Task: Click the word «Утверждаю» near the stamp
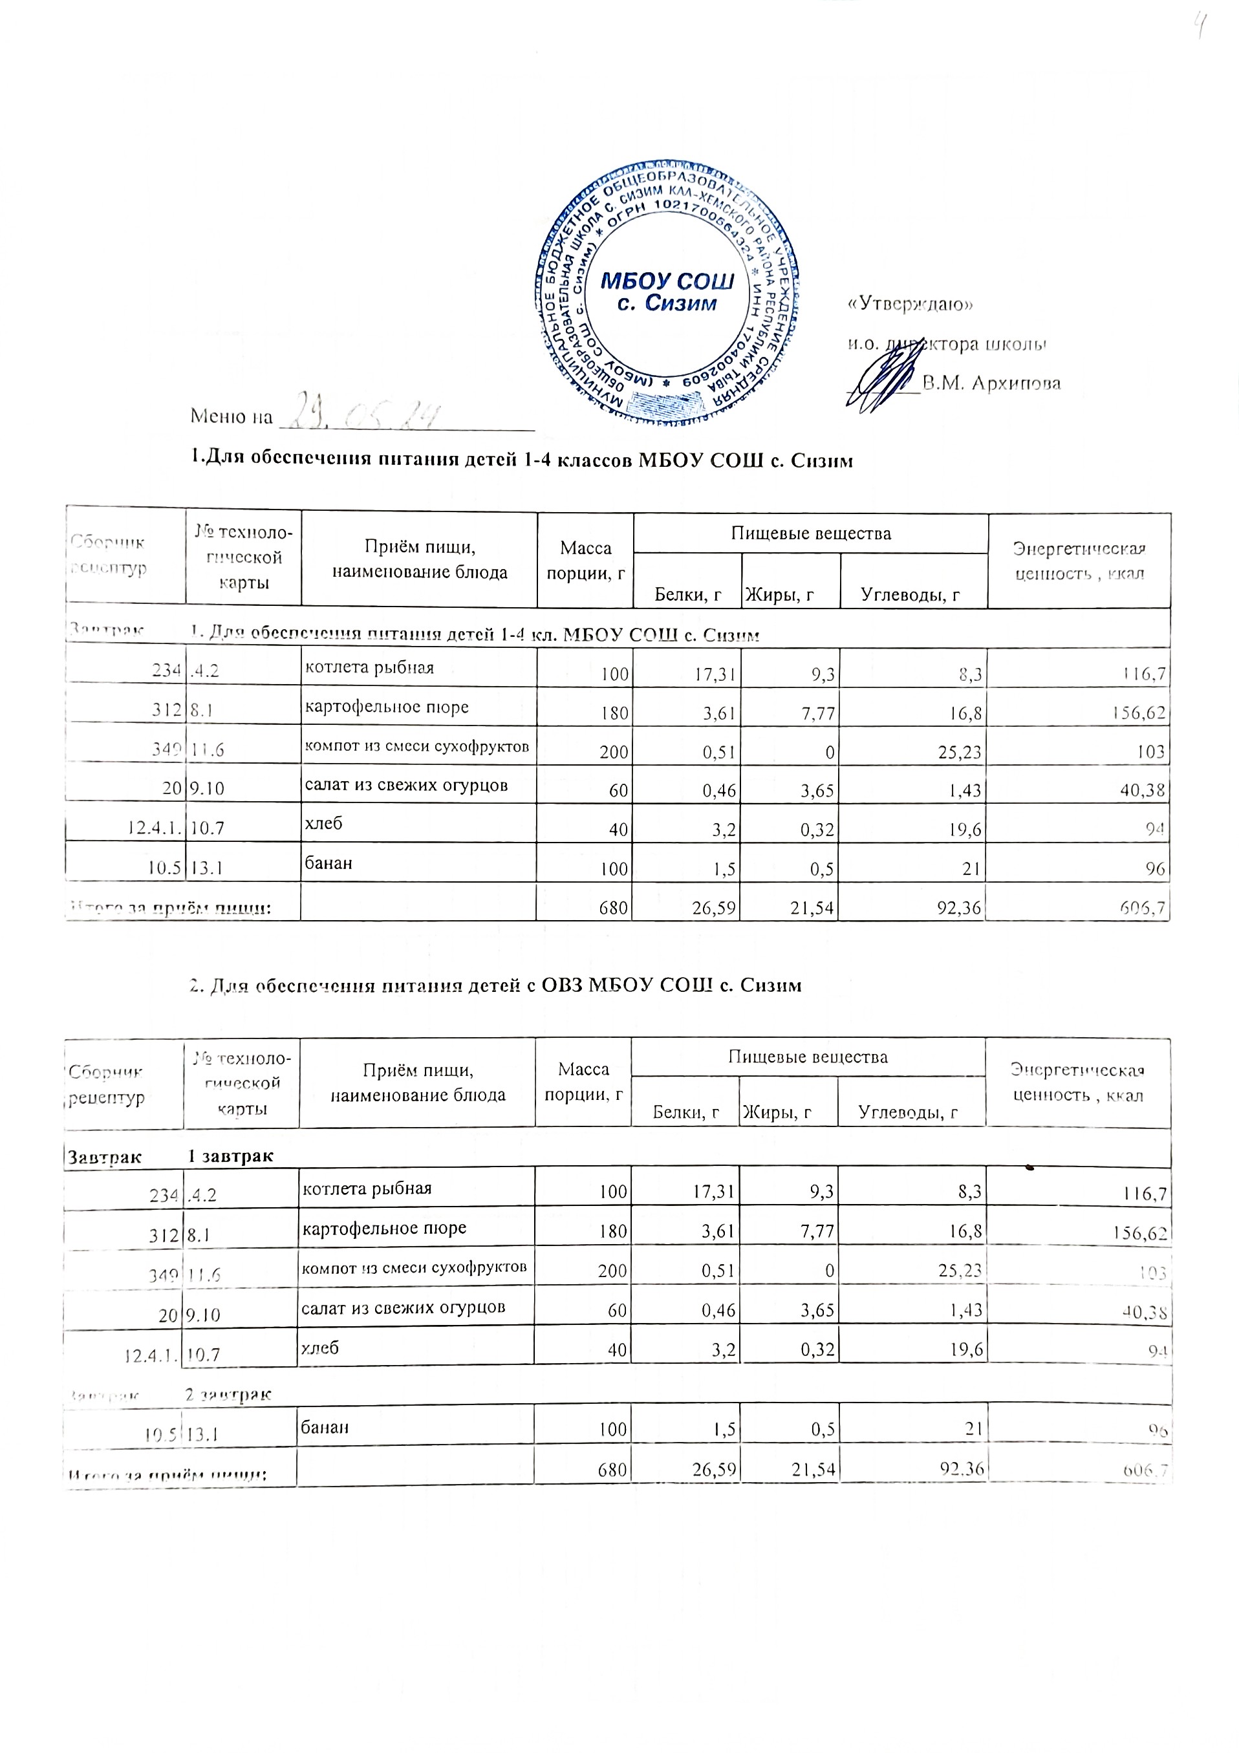[910, 304]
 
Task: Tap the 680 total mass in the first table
[614, 908]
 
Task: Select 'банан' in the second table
[325, 1426]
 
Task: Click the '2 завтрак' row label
[228, 1394]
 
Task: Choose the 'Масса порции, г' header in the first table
[585, 561]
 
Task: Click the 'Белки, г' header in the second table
[685, 1112]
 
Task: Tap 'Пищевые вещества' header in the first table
[811, 533]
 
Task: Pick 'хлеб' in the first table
[324, 824]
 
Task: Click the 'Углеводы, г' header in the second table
[908, 1112]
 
